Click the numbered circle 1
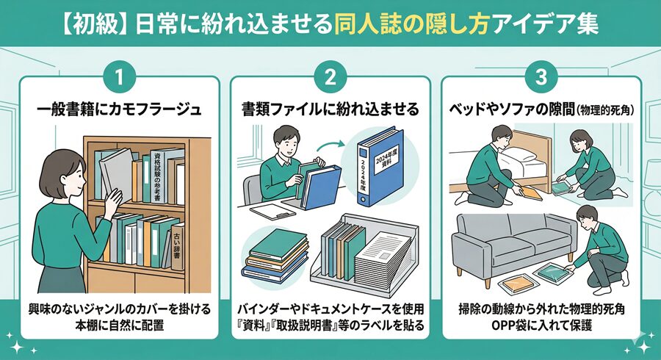(118, 76)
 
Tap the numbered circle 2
(330, 76)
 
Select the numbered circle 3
(541, 76)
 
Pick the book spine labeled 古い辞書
(176, 246)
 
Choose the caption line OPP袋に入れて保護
(541, 325)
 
